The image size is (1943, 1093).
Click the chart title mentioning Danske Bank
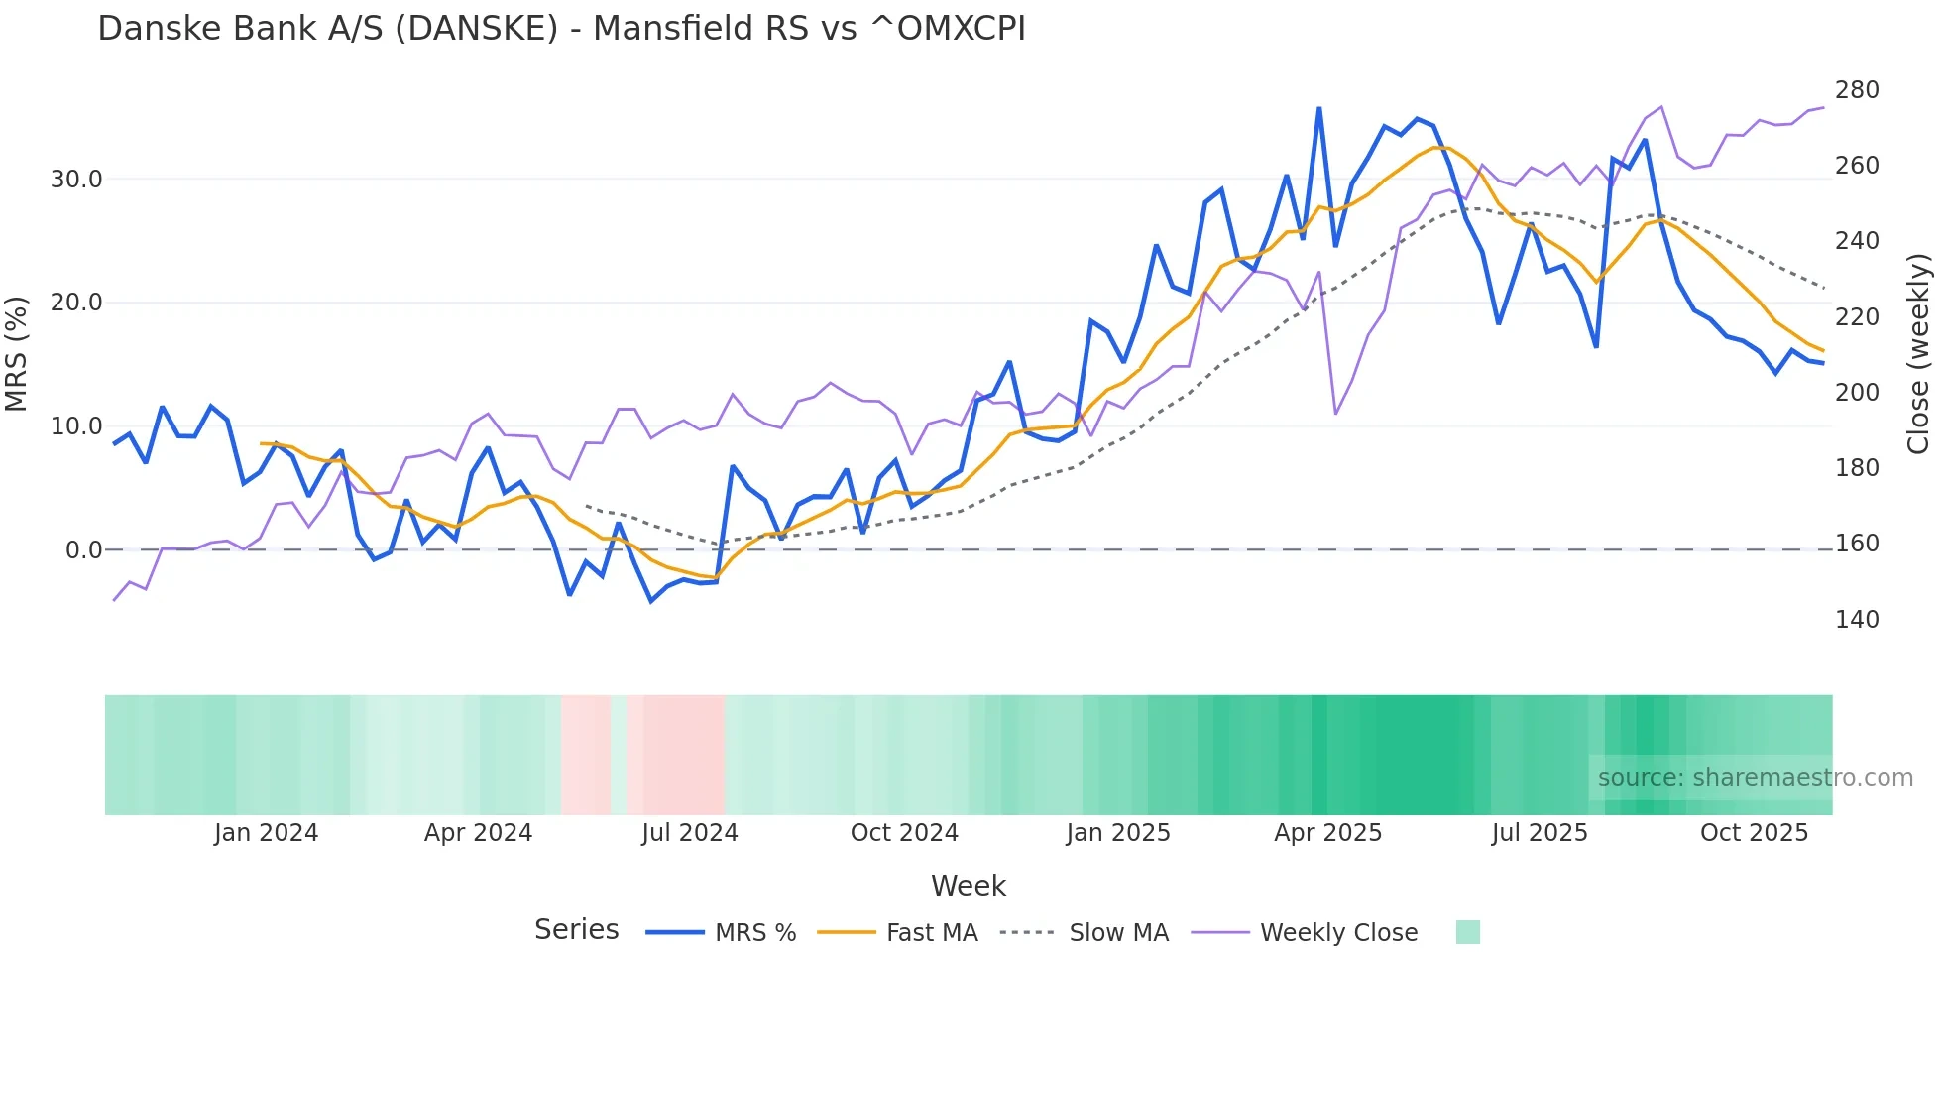pyautogui.click(x=561, y=29)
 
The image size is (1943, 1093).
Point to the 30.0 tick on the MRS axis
pyautogui.click(x=76, y=180)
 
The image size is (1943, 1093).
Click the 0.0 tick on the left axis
pyautogui.click(x=83, y=550)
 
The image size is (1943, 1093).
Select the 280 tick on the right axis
pyautogui.click(x=1856, y=90)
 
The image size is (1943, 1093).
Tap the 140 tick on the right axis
pyautogui.click(x=1856, y=620)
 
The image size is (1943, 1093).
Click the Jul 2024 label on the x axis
pyautogui.click(x=690, y=833)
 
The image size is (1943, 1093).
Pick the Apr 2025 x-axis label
pyautogui.click(x=1327, y=833)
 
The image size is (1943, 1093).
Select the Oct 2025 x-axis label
pyautogui.click(x=1754, y=833)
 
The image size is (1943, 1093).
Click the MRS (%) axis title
pyautogui.click(x=17, y=354)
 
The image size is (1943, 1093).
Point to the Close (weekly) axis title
pyautogui.click(x=1918, y=354)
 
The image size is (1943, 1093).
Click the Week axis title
pyautogui.click(x=968, y=886)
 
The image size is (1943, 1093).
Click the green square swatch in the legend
pyautogui.click(x=1467, y=932)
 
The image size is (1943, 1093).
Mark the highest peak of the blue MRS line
pyautogui.click(x=1318, y=109)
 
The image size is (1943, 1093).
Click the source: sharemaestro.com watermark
pyautogui.click(x=1755, y=778)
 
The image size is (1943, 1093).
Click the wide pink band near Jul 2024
pyautogui.click(x=676, y=755)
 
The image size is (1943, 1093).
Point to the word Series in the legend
pyautogui.click(x=576, y=930)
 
